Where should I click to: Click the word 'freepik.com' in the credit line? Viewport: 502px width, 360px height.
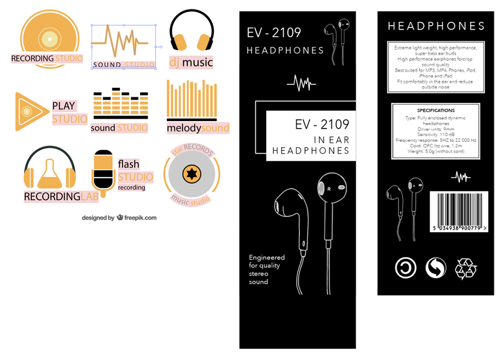pos(141,218)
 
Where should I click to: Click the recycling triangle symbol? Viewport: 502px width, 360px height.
pos(466,268)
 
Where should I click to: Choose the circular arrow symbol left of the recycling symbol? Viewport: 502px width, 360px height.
pos(435,268)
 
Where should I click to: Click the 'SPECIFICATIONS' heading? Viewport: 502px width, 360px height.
pos(435,110)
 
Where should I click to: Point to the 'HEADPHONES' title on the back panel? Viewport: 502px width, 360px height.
pos(436,26)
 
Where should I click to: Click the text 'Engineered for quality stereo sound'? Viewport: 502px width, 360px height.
pos(267,270)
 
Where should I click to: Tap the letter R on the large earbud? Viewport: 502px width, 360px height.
pos(328,188)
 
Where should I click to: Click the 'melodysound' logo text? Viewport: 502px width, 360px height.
pos(198,128)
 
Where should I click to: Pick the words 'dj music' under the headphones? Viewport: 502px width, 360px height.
pos(191,62)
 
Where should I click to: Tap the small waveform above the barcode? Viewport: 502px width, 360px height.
pos(461,177)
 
